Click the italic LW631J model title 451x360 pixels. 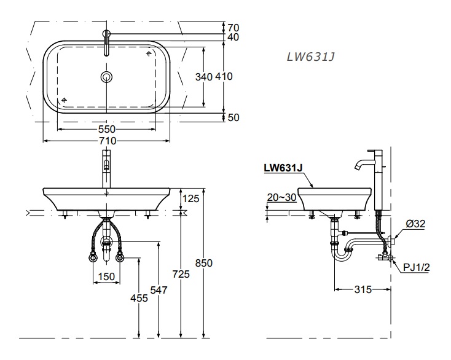(x=310, y=57)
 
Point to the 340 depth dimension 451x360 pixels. (x=203, y=77)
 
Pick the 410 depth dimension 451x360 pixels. (x=224, y=77)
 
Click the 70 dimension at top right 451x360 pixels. (x=233, y=27)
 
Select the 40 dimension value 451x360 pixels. (x=233, y=37)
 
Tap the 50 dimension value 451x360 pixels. (x=233, y=118)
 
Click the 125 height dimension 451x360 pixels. (x=192, y=198)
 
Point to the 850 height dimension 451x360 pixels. (x=204, y=263)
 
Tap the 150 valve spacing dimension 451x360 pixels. (x=107, y=277)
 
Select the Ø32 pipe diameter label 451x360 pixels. (x=415, y=225)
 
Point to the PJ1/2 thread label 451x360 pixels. (x=416, y=267)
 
